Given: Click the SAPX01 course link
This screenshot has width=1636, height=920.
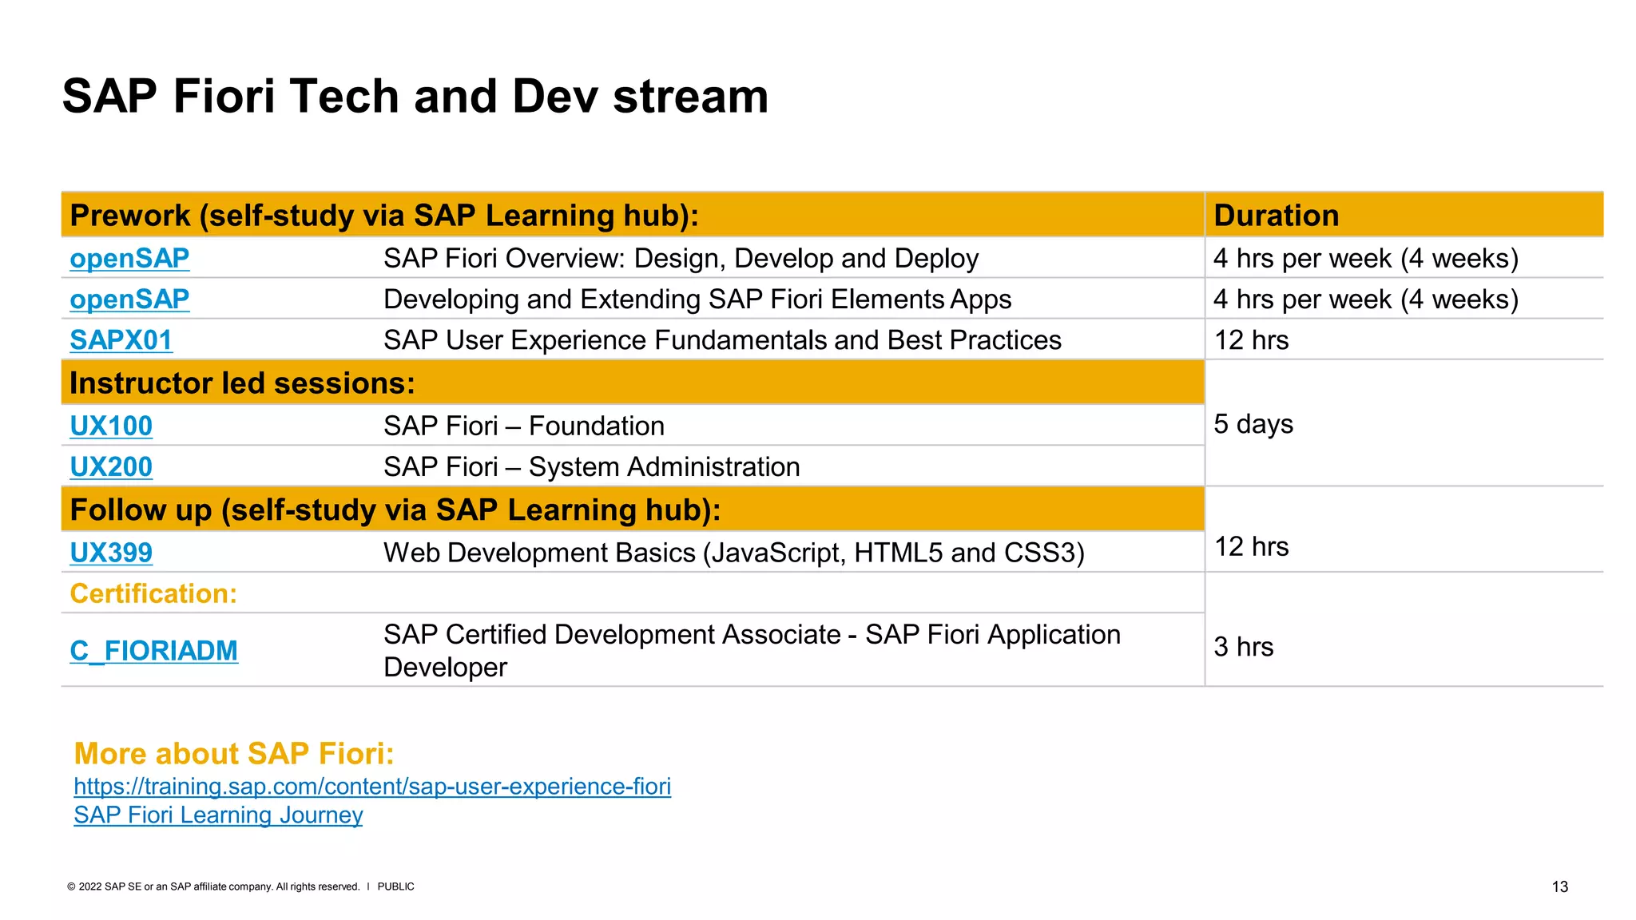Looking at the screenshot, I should tap(121, 340).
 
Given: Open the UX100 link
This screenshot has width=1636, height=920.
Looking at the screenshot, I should tap(111, 426).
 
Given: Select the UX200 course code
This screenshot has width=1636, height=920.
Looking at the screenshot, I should tap(111, 467).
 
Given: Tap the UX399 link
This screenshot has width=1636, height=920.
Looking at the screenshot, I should tap(111, 553).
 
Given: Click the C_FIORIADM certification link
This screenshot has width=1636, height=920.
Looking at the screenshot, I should tap(153, 651).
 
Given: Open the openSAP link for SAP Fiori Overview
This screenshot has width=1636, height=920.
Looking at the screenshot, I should tap(129, 259).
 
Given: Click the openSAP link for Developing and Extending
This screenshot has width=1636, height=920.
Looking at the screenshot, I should tap(129, 299).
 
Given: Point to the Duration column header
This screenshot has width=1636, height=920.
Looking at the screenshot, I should tap(1276, 216).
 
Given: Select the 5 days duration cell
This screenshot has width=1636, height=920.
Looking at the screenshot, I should tap(1253, 424).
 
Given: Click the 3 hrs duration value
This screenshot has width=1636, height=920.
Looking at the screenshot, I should tap(1243, 647).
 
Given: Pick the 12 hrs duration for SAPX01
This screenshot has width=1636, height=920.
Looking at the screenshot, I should tap(1251, 340).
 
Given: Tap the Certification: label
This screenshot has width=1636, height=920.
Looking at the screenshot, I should tap(153, 594).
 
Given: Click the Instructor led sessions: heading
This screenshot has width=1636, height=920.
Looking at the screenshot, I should tap(242, 383).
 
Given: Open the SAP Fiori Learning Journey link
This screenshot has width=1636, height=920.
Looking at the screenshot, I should tap(218, 815).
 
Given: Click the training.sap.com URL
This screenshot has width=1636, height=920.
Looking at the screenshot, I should tap(372, 787).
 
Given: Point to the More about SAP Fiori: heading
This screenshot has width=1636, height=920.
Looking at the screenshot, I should tap(234, 754).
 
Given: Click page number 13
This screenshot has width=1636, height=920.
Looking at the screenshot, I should tap(1559, 887).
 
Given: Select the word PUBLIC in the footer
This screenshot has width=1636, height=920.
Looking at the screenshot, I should tap(395, 887).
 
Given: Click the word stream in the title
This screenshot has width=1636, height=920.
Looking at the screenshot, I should tap(690, 97).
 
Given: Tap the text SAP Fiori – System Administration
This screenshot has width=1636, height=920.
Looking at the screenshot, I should tap(591, 467).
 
